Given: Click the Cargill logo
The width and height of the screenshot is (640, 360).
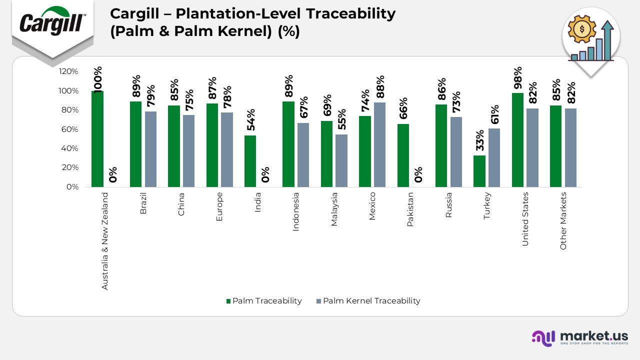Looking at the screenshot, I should [52, 22].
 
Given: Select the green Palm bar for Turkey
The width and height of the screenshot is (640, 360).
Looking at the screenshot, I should [479, 171].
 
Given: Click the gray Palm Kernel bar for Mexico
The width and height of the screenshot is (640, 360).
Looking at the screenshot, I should [379, 144].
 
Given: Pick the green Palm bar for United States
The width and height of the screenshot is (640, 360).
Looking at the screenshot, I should [517, 140].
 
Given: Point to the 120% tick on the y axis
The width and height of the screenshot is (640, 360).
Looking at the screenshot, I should [68, 71].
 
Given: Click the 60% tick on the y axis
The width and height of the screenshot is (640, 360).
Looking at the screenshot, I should [70, 129].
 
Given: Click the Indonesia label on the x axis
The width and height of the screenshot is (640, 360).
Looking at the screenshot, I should [296, 211].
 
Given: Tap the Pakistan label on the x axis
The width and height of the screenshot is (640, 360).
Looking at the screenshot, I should [410, 209].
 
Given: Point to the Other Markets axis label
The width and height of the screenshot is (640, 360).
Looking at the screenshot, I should [563, 220].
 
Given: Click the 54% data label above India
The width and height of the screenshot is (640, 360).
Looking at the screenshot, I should [251, 120].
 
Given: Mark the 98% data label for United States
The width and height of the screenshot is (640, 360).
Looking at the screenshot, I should [518, 77].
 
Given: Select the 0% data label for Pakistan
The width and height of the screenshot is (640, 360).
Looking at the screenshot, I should [418, 174].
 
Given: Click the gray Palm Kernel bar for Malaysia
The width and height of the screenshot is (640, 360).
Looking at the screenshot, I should [341, 160].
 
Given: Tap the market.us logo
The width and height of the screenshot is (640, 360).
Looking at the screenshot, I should [579, 338].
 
